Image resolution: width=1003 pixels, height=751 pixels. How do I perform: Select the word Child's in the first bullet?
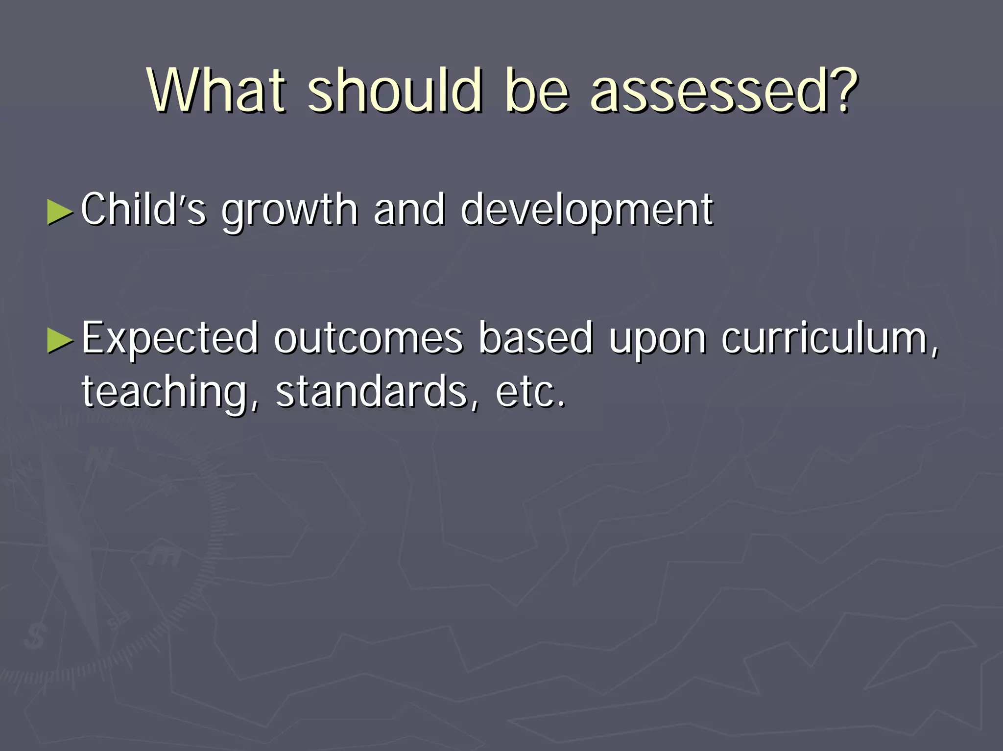(x=143, y=210)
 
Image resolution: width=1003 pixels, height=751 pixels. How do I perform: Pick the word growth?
(x=289, y=211)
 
